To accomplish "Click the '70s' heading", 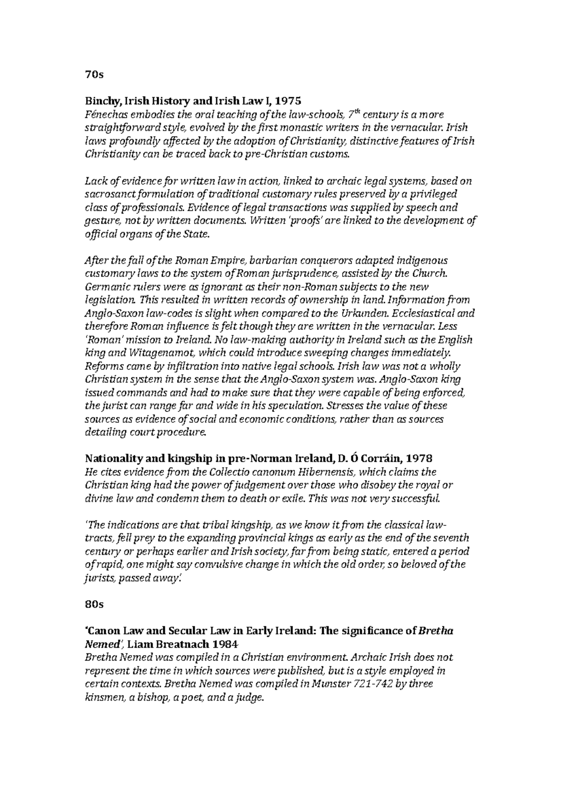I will coord(93,74).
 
